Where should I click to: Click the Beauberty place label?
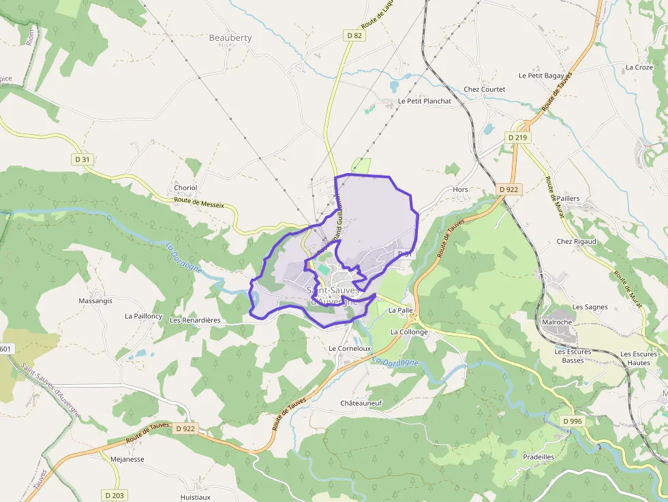pyautogui.click(x=230, y=38)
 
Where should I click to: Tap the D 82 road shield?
pyautogui.click(x=354, y=35)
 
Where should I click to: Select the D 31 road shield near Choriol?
pyautogui.click(x=82, y=159)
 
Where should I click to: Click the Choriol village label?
pyautogui.click(x=185, y=188)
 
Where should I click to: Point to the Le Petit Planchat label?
pyautogui.click(x=425, y=101)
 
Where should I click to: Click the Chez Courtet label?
pyautogui.click(x=485, y=89)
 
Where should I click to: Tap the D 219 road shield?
pyautogui.click(x=518, y=138)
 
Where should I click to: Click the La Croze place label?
pyautogui.click(x=639, y=67)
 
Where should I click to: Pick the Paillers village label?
pyautogui.click(x=568, y=198)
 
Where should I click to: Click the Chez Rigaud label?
pyautogui.click(x=576, y=241)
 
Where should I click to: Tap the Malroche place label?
pyautogui.click(x=556, y=322)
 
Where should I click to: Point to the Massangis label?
pyautogui.click(x=95, y=300)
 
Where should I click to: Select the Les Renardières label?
pyautogui.click(x=194, y=319)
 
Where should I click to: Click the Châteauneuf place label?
pyautogui.click(x=361, y=403)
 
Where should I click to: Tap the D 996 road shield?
pyautogui.click(x=573, y=422)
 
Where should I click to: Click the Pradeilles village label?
pyautogui.click(x=538, y=456)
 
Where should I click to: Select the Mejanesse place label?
pyautogui.click(x=127, y=459)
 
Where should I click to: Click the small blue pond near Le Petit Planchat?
pyautogui.click(x=394, y=87)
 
